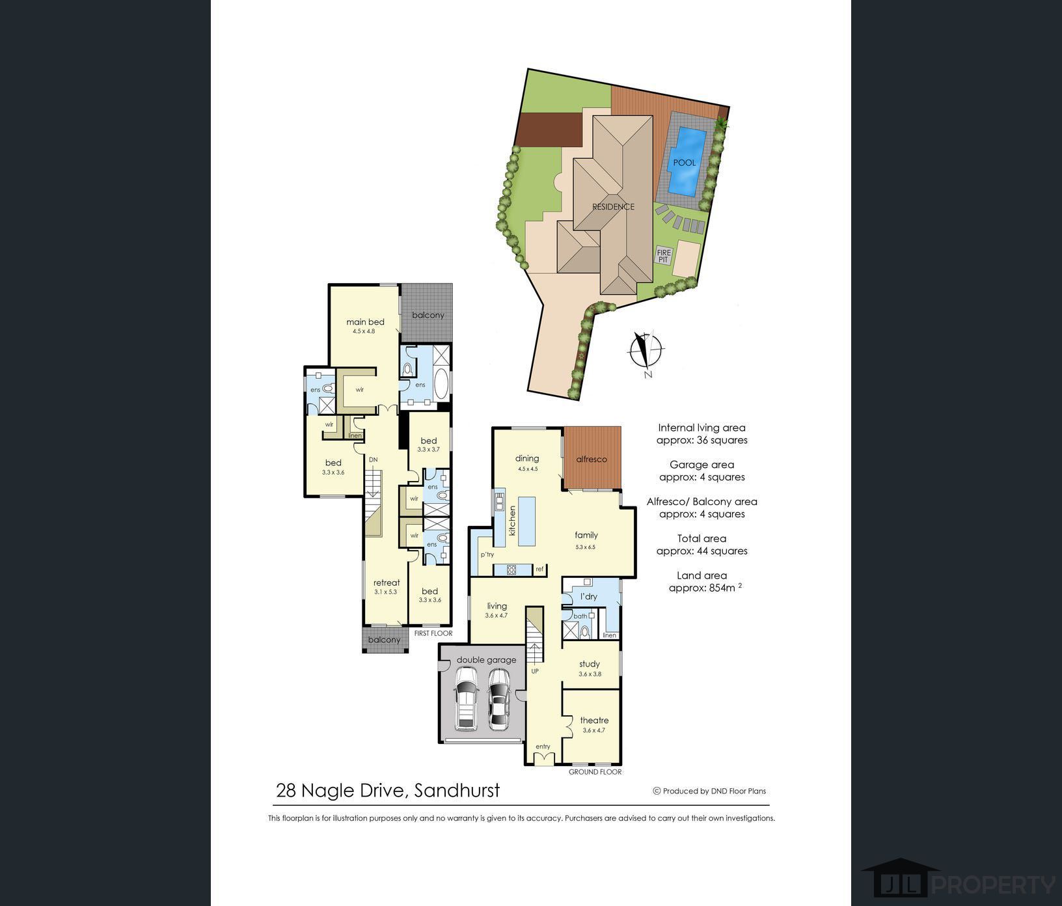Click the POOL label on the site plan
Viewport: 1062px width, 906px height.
(684, 163)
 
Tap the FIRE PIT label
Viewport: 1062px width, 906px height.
(664, 256)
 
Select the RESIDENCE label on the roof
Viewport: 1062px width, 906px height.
(613, 207)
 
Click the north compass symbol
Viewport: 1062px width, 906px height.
(646, 352)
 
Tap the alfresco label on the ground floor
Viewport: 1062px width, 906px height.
(592, 459)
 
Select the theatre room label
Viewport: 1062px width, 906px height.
(594, 720)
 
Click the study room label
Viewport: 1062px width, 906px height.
(590, 664)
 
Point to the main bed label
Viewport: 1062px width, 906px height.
(365, 322)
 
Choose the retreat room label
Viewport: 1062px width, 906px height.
(387, 583)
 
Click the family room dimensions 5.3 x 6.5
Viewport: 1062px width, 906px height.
(585, 547)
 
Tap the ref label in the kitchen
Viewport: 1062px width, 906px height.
(539, 570)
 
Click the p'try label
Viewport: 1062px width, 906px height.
(487, 555)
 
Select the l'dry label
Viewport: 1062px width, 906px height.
(588, 596)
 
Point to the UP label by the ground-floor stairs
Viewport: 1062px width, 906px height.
(535, 670)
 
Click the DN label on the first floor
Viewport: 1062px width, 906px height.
(373, 460)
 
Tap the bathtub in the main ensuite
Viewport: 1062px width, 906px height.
(441, 384)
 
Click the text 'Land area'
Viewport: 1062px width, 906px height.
(701, 575)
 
